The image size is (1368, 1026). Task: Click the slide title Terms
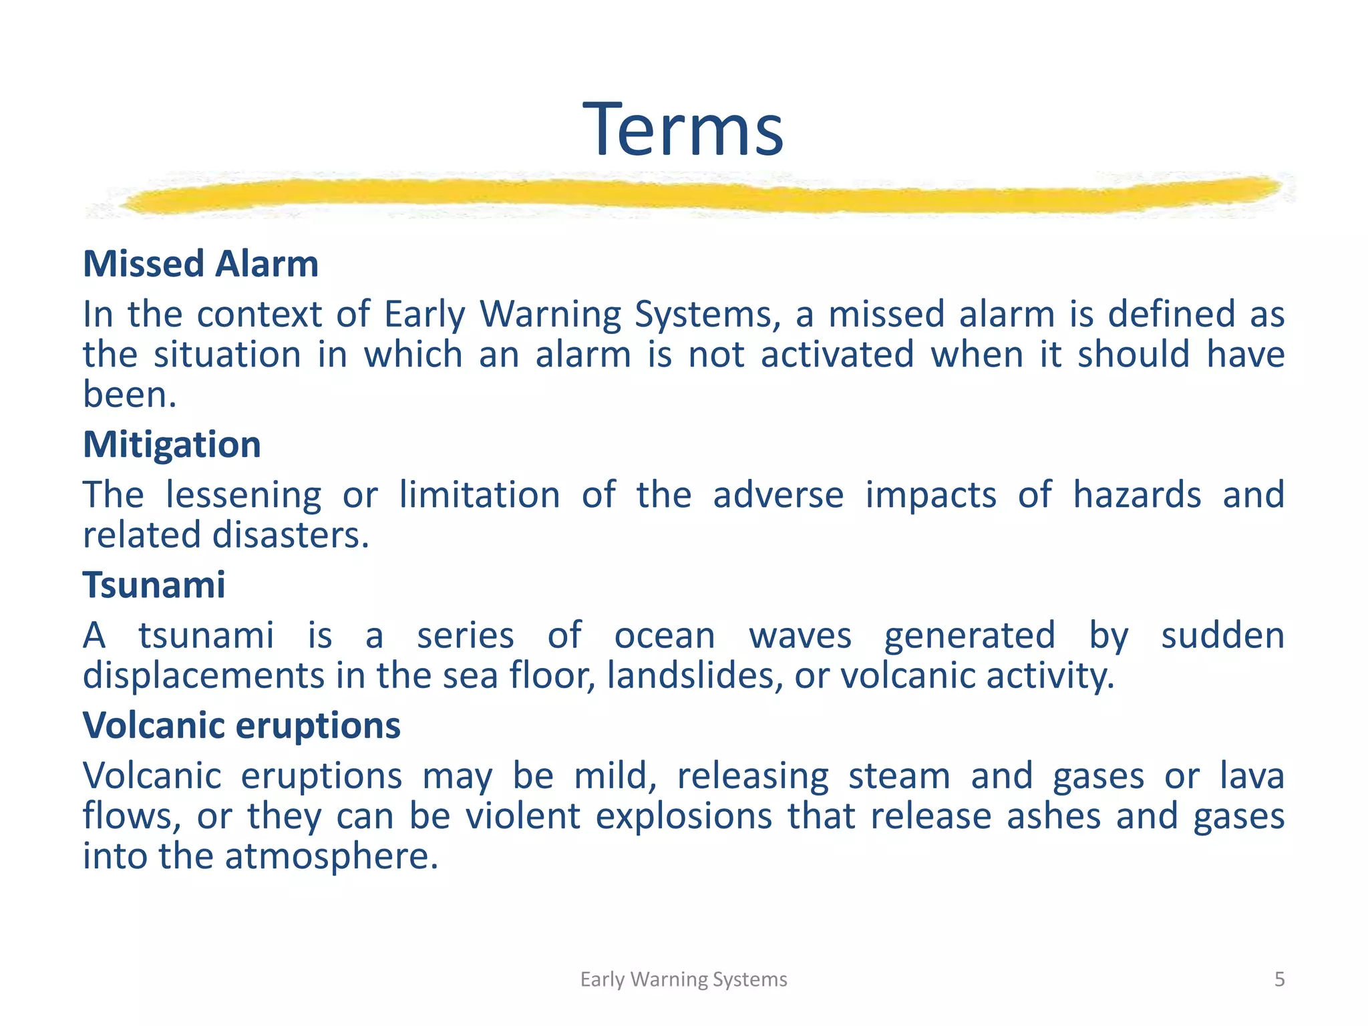coord(683,130)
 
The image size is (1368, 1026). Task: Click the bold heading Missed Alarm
coord(200,264)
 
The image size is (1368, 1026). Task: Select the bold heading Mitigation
coord(172,445)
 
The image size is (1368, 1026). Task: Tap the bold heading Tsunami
coord(154,585)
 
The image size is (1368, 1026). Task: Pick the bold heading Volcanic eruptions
coord(241,725)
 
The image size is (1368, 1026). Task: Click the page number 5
coord(1279,979)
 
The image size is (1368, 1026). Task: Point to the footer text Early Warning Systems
coord(683,979)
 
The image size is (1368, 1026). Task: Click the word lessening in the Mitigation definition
coord(243,496)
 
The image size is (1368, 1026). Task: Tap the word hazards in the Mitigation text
coord(1137,496)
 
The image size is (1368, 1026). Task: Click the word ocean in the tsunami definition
coord(664,636)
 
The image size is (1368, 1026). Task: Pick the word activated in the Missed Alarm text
coord(837,355)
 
